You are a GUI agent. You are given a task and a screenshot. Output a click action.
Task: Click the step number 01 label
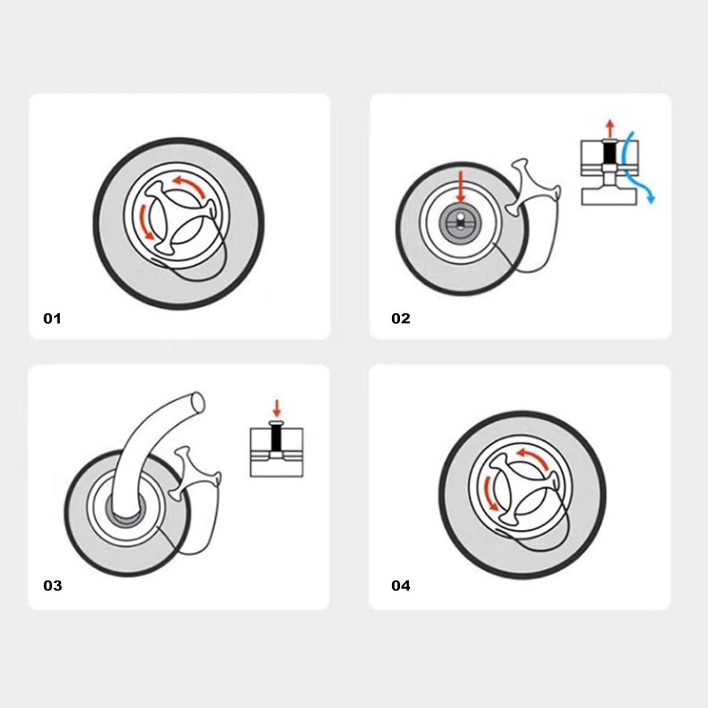[x=52, y=319]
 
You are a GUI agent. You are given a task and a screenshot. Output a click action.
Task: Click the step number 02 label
[x=401, y=319]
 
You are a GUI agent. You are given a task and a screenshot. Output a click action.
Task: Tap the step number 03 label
[x=52, y=586]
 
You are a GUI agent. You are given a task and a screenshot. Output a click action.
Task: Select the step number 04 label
[x=401, y=586]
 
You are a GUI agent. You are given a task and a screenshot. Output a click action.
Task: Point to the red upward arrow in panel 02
[x=610, y=127]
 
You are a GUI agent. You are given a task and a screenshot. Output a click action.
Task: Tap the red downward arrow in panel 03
[x=277, y=408]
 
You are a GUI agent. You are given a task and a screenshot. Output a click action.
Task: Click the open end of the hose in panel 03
[x=197, y=401]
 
